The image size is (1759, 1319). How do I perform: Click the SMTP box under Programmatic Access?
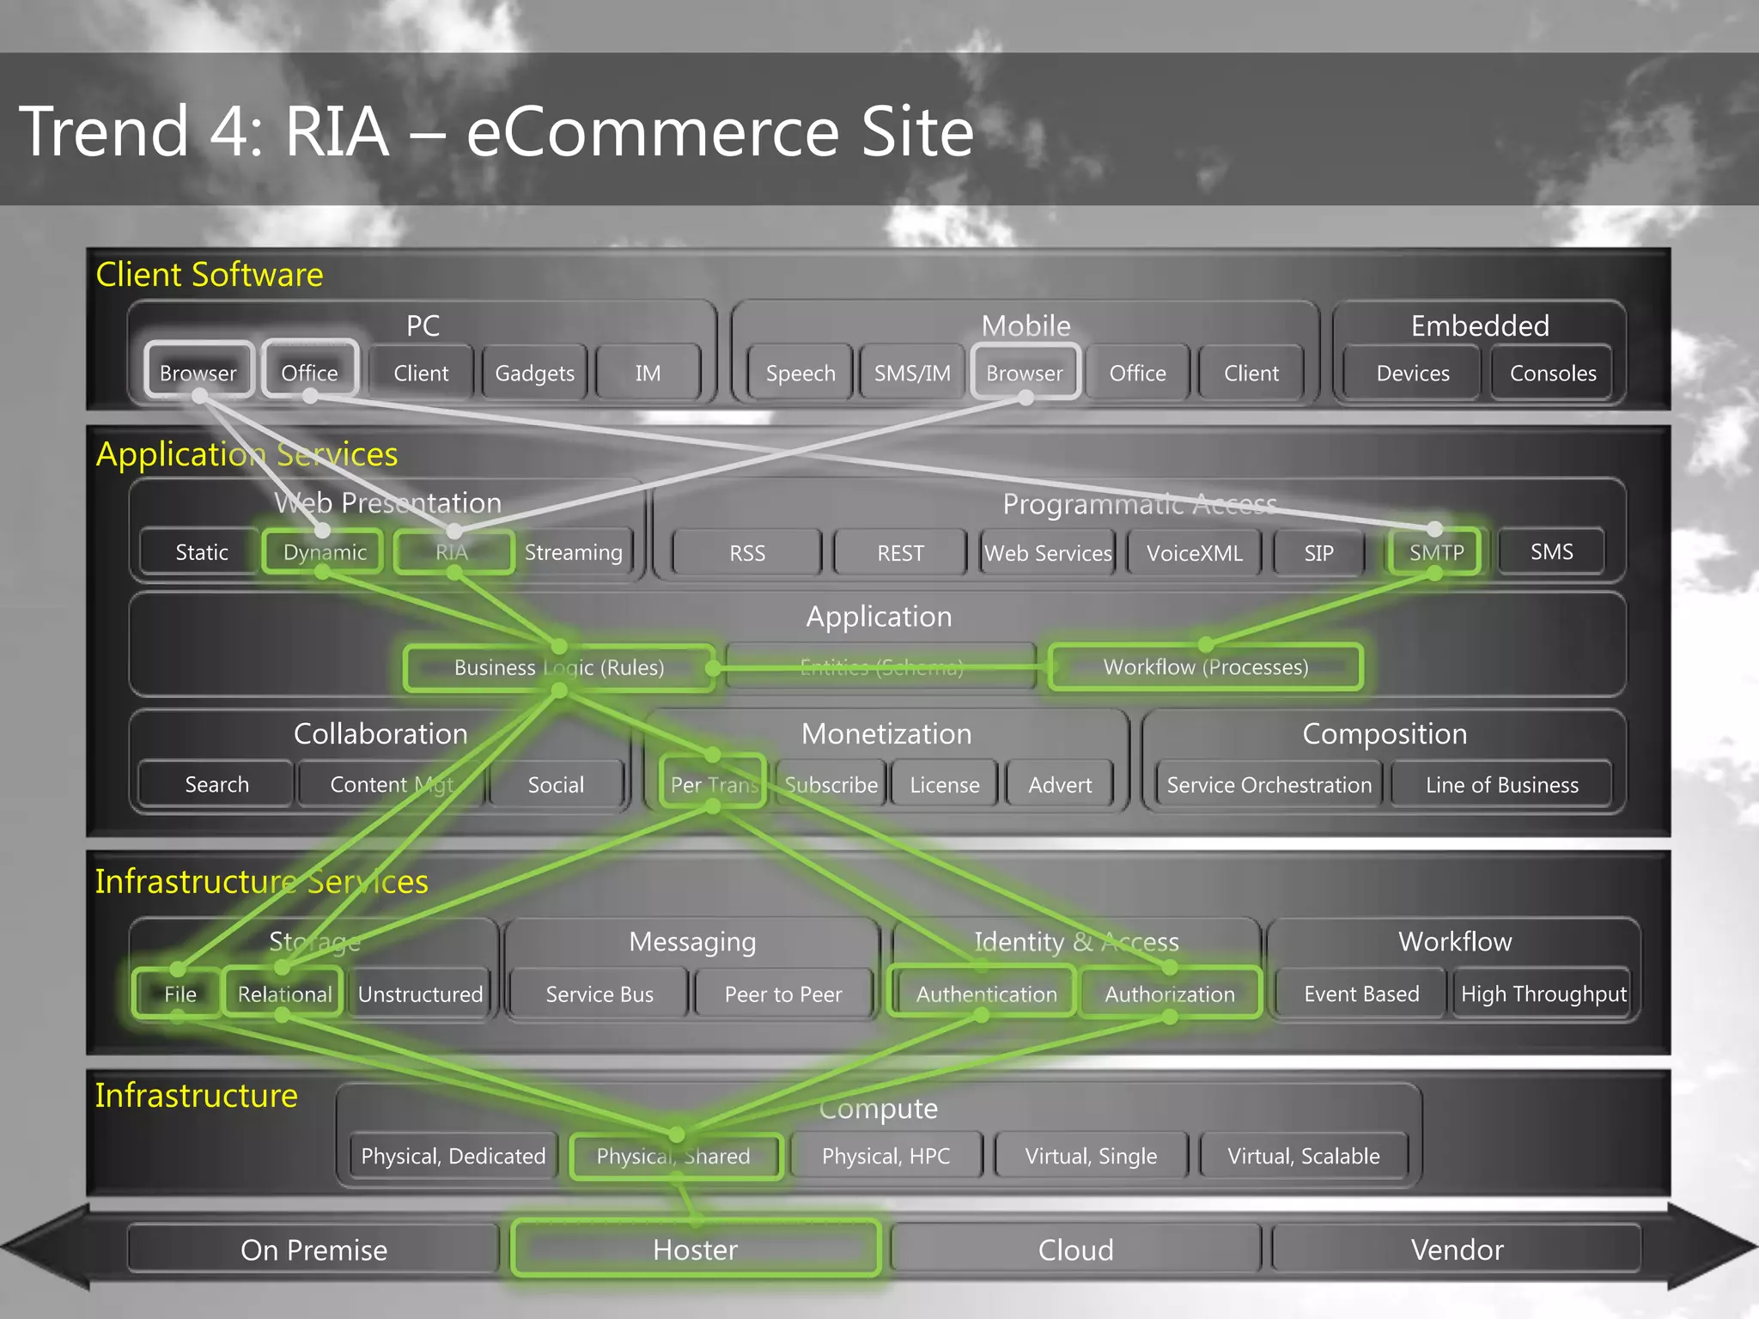click(1436, 552)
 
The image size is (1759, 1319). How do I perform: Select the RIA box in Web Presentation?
click(453, 552)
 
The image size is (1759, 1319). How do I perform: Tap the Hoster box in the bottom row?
click(695, 1249)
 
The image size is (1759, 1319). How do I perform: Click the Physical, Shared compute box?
click(674, 1156)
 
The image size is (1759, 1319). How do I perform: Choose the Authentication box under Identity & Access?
click(986, 994)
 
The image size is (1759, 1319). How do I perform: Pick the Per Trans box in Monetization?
click(713, 784)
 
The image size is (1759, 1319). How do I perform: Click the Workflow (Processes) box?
click(1205, 667)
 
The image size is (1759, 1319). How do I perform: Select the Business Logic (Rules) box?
click(559, 667)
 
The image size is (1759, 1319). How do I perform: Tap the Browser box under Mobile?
click(1025, 373)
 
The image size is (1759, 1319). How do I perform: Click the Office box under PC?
click(309, 373)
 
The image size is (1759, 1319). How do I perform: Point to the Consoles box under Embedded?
click(1553, 373)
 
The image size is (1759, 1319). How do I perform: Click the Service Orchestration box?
click(1269, 785)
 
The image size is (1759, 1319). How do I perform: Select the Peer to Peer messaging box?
click(783, 994)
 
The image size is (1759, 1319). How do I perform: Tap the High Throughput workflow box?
click(1543, 994)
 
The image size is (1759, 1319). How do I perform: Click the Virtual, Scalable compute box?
click(1303, 1156)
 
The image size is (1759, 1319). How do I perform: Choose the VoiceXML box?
click(1194, 553)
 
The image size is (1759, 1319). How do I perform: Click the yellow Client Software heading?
click(210, 275)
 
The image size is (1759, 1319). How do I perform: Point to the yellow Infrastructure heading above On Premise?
click(197, 1096)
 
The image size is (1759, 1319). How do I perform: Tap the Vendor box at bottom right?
click(1457, 1249)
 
